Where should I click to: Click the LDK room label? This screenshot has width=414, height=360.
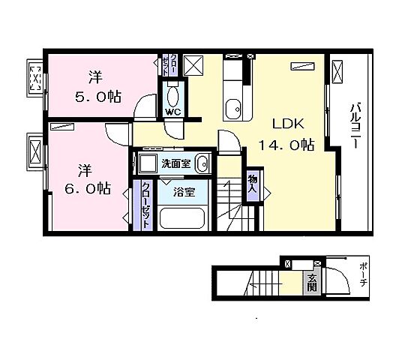(288, 124)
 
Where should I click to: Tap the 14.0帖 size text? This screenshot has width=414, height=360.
(286, 145)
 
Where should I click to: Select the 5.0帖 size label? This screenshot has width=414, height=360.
(98, 97)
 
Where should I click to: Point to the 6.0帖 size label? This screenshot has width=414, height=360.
(88, 188)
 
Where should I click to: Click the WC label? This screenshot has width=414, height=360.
(173, 112)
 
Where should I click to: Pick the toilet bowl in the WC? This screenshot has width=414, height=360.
(173, 95)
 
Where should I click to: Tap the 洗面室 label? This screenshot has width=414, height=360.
(176, 163)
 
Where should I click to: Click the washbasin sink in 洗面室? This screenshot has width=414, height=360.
(202, 163)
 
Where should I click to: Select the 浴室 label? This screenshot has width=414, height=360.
(184, 192)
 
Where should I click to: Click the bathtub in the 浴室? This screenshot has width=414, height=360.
(182, 218)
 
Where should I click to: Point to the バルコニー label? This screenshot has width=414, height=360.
(355, 126)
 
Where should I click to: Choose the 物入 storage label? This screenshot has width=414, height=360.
(253, 184)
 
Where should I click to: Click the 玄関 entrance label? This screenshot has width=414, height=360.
(312, 283)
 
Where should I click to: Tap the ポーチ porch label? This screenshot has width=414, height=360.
(363, 274)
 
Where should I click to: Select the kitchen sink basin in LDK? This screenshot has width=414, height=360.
(233, 109)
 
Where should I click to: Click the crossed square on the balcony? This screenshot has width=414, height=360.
(337, 72)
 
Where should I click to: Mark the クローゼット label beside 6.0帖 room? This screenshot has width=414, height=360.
(146, 205)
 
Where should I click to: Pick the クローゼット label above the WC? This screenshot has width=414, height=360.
(169, 64)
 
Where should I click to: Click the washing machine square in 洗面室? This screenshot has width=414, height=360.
(148, 163)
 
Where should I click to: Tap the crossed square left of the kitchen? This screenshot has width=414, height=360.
(193, 65)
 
